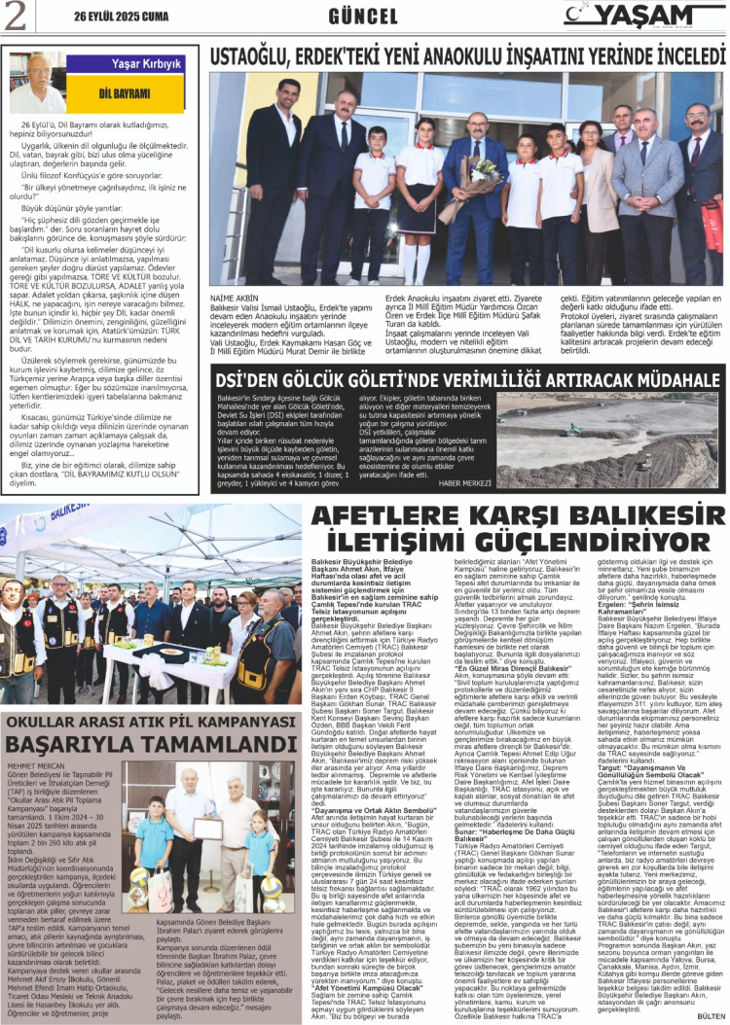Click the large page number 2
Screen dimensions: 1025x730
(x=17, y=14)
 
